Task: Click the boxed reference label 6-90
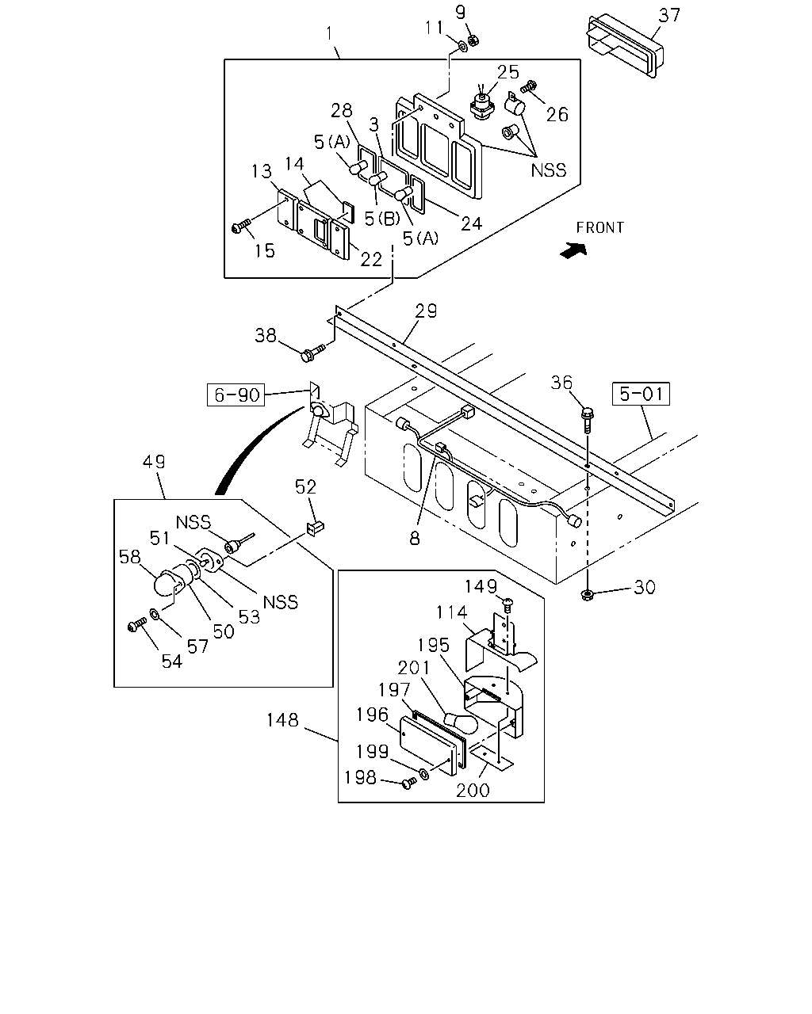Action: coord(236,395)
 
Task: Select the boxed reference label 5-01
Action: coord(641,394)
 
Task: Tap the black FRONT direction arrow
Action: coord(574,250)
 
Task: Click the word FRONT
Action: coord(599,227)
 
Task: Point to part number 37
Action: coord(669,15)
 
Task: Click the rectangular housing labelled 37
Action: coord(624,47)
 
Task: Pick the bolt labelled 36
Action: coord(588,419)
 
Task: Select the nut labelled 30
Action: coord(588,595)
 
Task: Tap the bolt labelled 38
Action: coord(312,353)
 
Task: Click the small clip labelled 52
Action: coord(315,527)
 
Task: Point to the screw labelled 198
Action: coord(409,783)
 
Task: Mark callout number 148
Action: coord(282,720)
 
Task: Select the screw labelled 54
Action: coord(137,625)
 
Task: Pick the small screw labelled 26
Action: coord(528,87)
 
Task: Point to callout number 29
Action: coord(426,311)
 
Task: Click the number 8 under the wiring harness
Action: coord(415,538)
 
